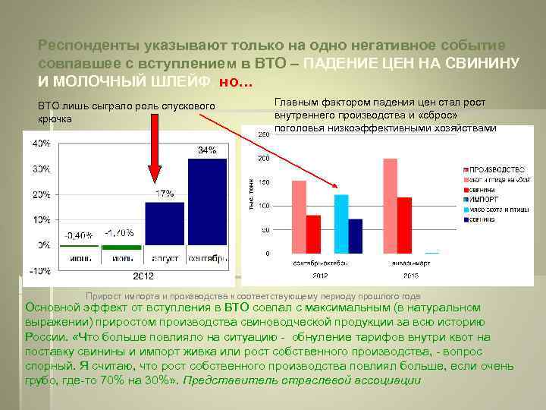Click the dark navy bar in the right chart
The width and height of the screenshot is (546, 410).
click(x=355, y=235)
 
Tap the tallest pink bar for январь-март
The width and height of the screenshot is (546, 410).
click(x=391, y=205)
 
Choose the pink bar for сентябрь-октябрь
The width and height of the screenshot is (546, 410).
click(x=299, y=216)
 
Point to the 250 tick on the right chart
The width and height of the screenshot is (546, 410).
click(x=264, y=134)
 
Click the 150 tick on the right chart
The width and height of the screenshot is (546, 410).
click(x=264, y=182)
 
